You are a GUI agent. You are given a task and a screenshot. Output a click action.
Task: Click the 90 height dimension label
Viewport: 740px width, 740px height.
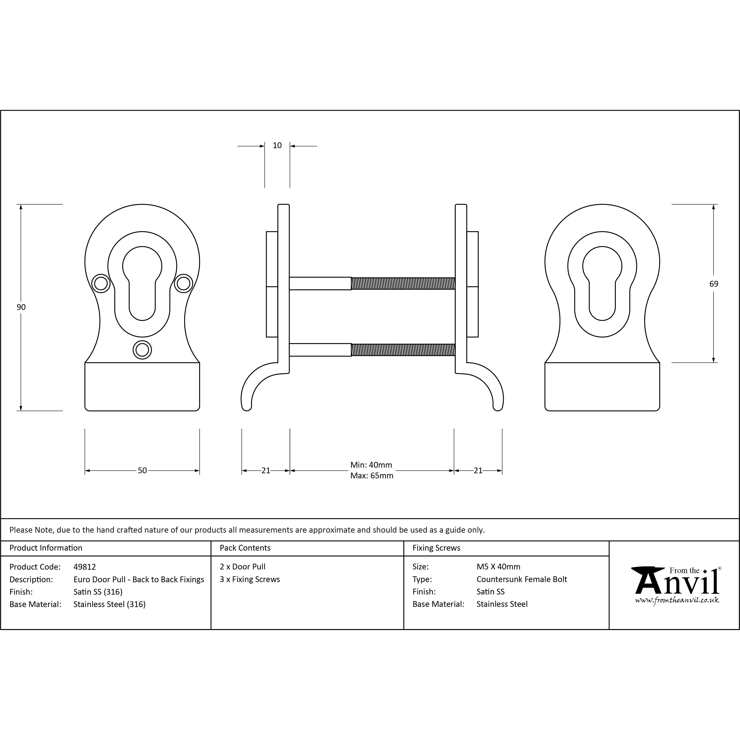coord(21,307)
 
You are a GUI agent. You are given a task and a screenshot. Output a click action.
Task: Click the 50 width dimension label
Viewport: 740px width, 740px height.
coord(142,470)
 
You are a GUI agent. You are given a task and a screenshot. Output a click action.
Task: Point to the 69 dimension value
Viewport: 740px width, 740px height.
coord(713,284)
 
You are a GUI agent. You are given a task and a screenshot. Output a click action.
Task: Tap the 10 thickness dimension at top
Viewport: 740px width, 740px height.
coord(277,146)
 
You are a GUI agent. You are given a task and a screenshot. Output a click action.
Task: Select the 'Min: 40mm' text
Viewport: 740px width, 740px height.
coord(371,465)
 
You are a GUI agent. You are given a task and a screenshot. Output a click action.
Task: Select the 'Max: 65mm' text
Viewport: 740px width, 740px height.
coord(371,476)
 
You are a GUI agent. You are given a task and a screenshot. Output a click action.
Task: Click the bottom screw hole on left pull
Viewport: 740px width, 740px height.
coord(142,350)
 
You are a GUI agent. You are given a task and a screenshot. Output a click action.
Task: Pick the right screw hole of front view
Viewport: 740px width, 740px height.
coord(183,283)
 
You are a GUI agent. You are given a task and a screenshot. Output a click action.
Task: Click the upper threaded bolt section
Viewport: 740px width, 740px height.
coord(403,283)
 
